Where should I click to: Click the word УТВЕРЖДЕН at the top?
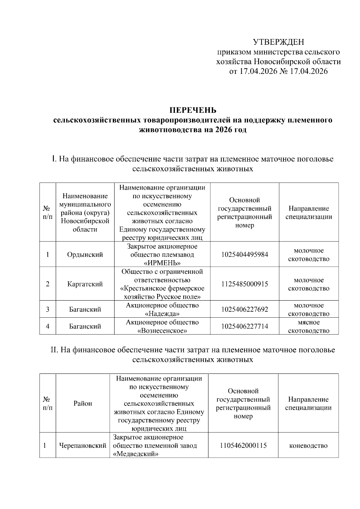coord(278,42)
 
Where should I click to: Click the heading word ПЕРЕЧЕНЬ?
coord(193,110)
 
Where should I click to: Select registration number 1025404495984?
coord(244,255)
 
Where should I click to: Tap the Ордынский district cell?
coord(85,255)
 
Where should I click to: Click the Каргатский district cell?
coord(85,284)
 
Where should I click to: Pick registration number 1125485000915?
coord(244,284)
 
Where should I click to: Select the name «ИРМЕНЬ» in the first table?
coord(162,263)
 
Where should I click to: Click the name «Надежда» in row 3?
coord(162,314)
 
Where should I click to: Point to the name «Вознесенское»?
coord(162,331)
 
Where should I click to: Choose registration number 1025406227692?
coord(244,309)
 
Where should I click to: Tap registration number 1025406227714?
coord(244,326)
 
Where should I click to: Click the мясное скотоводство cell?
coord(309,326)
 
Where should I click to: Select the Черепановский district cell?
coord(83,446)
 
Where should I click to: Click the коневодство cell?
coord(308,446)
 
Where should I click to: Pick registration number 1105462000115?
coord(243,446)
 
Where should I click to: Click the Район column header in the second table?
coord(83,403)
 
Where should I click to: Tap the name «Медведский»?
coord(136,454)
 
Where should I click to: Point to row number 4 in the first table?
coord(47,326)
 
